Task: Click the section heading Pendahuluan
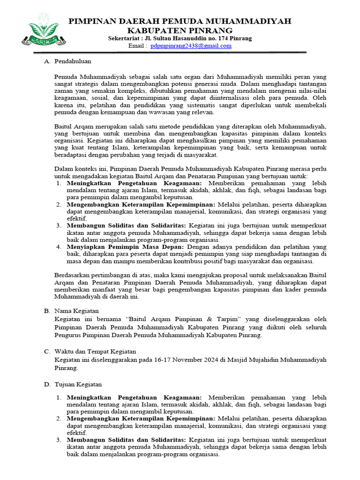73,61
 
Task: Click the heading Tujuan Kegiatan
78,384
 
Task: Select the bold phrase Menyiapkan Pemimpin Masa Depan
126,247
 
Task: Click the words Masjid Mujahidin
251,360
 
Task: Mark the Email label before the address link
137,46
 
